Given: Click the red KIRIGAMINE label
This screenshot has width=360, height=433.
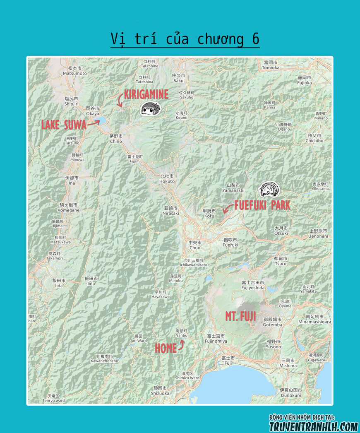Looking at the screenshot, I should click(x=146, y=94).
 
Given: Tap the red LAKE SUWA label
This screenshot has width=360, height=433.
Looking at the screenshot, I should click(x=64, y=125).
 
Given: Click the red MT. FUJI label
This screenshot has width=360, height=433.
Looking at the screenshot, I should click(x=240, y=317).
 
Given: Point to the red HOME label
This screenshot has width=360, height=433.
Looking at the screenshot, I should click(x=166, y=349).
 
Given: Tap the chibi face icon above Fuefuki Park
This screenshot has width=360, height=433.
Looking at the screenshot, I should click(x=269, y=190).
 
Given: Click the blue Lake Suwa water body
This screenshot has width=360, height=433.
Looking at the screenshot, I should click(x=98, y=121).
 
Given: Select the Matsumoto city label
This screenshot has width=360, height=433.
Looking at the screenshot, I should click(x=75, y=71).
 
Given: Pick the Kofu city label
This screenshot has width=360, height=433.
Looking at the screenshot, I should click(x=209, y=213).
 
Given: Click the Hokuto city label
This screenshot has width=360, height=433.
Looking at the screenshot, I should click(x=167, y=178).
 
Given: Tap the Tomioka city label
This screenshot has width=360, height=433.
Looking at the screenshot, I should click(x=271, y=65).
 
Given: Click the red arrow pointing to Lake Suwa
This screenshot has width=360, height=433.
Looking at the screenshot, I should click(x=94, y=123).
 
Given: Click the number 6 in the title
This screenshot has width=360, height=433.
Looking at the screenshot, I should click(x=255, y=39).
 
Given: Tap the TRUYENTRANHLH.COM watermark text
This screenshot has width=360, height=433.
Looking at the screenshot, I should click(x=313, y=426).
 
